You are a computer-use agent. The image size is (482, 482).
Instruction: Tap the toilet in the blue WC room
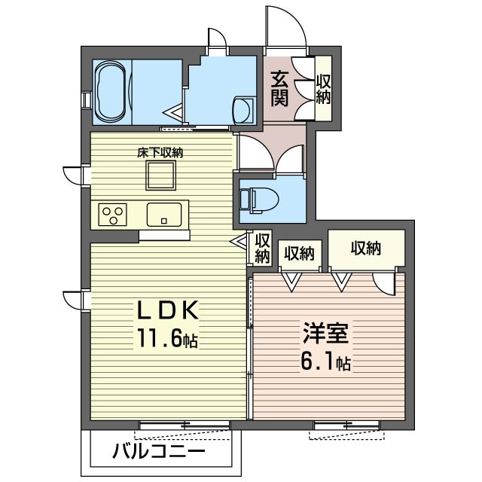pyautogui.click(x=258, y=199)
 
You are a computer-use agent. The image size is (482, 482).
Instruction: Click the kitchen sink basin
pyautogui.click(x=163, y=214)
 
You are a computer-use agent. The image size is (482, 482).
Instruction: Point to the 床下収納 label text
pyautogui.click(x=160, y=153)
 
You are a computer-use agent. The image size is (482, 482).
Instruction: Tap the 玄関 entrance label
pyautogui.click(x=279, y=87)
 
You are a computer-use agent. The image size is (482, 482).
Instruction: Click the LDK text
pyautogui.click(x=166, y=312)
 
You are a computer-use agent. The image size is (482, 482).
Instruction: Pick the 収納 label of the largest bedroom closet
pyautogui.click(x=366, y=248)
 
